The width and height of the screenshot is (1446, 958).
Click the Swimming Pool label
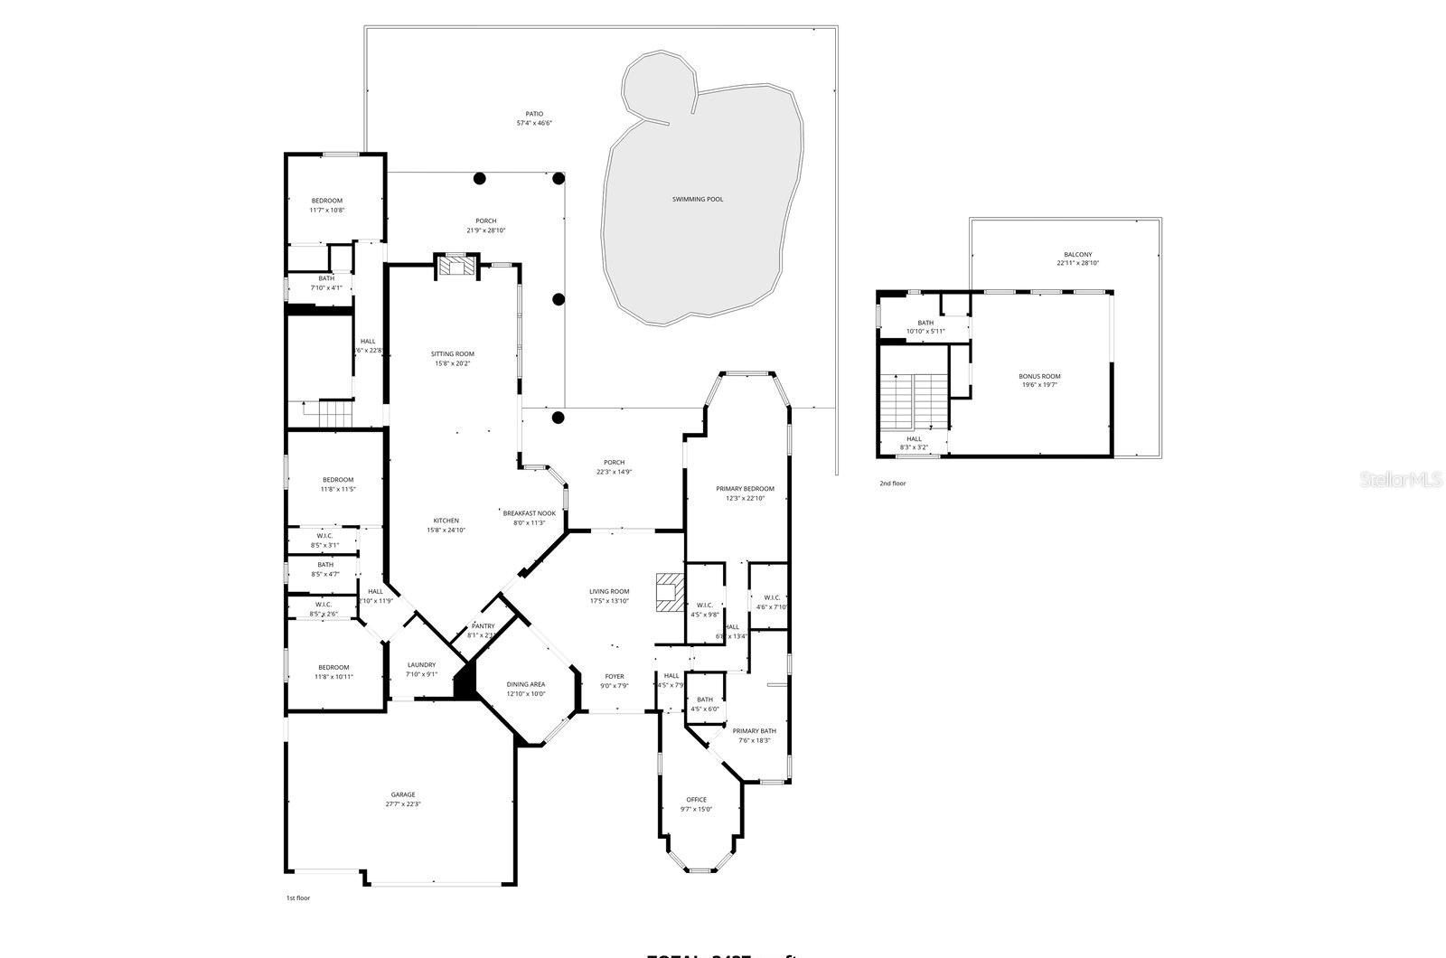coord(698,199)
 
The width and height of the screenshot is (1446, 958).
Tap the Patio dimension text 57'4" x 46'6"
coord(535,123)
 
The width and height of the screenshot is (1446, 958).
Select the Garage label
coord(403,794)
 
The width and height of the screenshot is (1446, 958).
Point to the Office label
coord(696,799)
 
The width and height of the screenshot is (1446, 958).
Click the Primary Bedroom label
coord(745,488)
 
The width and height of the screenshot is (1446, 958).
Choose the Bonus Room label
coord(1039,376)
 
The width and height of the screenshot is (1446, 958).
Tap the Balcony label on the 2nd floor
coord(1077,254)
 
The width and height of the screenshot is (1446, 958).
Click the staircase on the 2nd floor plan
coord(913,401)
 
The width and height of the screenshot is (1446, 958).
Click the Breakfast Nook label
coord(530,512)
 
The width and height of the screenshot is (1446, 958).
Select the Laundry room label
coord(421,664)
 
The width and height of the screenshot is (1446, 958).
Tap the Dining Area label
coord(525,684)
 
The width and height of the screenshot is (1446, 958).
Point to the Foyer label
coord(615,675)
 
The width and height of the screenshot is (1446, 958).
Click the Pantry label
coord(484,625)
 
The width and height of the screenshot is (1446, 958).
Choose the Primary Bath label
coord(754,730)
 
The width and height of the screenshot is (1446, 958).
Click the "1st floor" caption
coord(297,898)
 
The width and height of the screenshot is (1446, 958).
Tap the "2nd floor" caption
coord(892,484)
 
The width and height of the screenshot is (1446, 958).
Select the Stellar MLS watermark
coord(1402,480)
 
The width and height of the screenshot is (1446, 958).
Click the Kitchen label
coord(446,520)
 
